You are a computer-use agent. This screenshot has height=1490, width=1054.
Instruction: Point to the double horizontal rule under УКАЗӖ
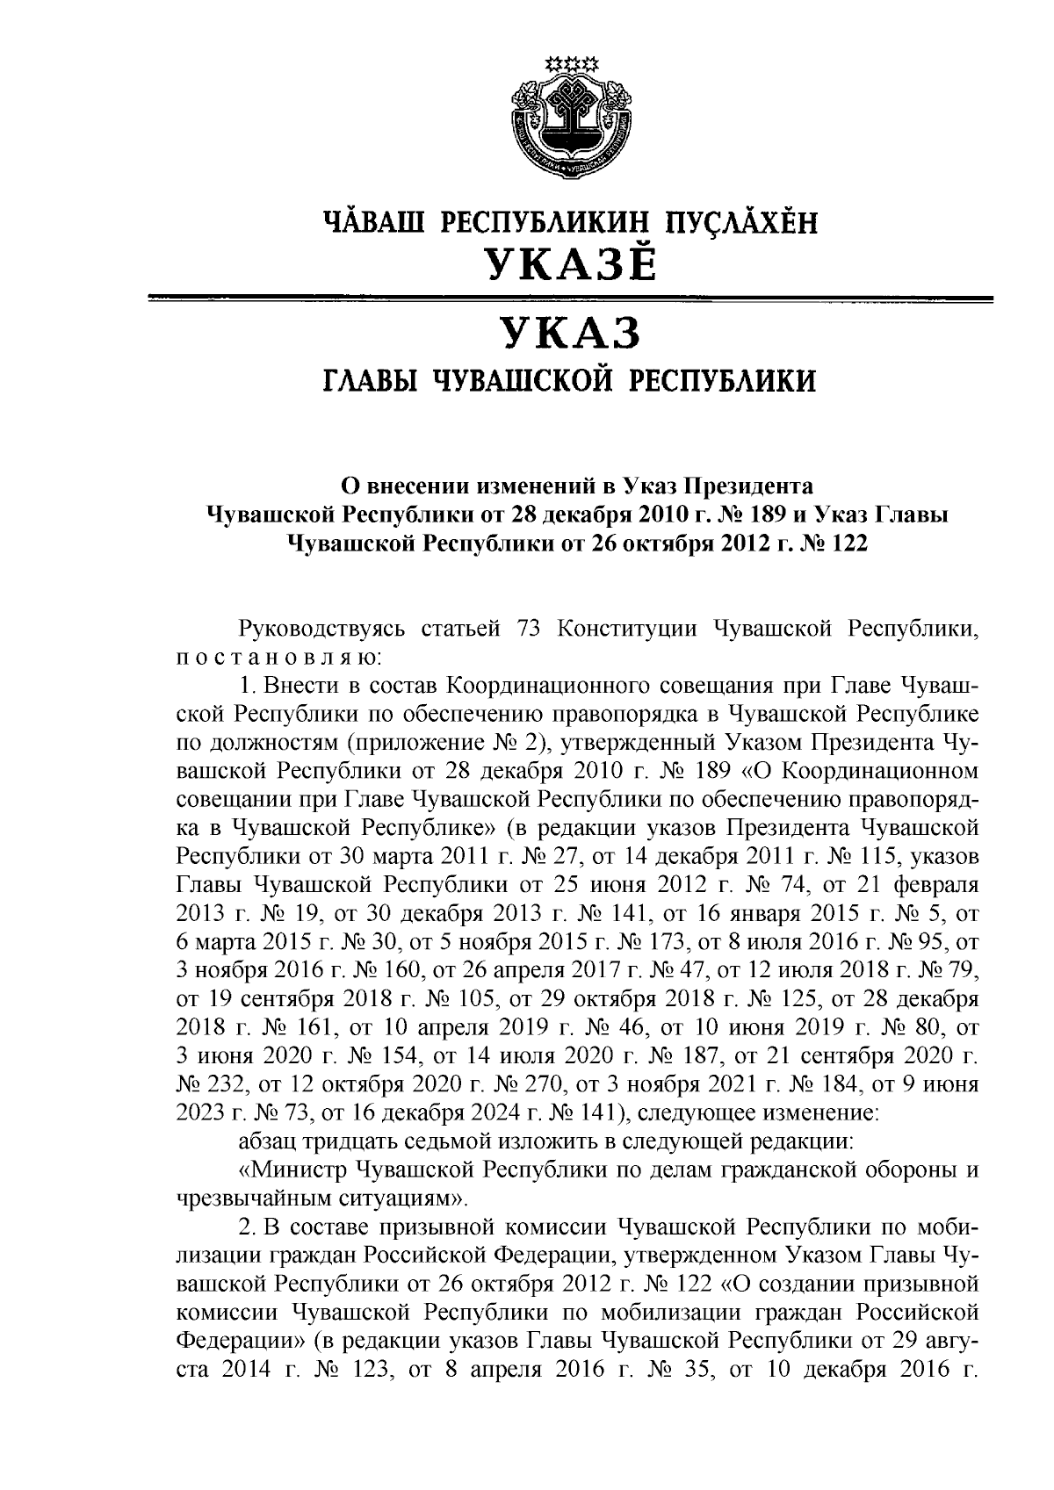coord(572,300)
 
